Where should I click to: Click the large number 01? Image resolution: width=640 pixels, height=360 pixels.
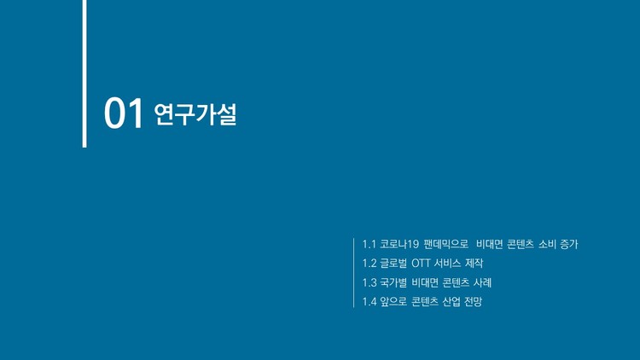tap(123, 114)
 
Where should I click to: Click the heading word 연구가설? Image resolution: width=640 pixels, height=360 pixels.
tap(195, 114)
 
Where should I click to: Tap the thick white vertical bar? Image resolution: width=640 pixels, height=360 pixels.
tap(84, 73)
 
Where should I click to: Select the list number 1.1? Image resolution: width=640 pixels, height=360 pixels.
tap(369, 244)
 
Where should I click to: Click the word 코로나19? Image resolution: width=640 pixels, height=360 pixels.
tap(401, 244)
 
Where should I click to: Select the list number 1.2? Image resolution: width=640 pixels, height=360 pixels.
tap(369, 263)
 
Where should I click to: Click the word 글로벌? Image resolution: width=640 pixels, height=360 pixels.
tap(395, 263)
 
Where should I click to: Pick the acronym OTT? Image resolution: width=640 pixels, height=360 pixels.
tap(427, 263)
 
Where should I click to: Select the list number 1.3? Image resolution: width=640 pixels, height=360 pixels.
tap(369, 282)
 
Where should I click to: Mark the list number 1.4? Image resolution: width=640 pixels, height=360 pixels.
tap(369, 301)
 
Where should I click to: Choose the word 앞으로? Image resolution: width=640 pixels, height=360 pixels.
tap(395, 301)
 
